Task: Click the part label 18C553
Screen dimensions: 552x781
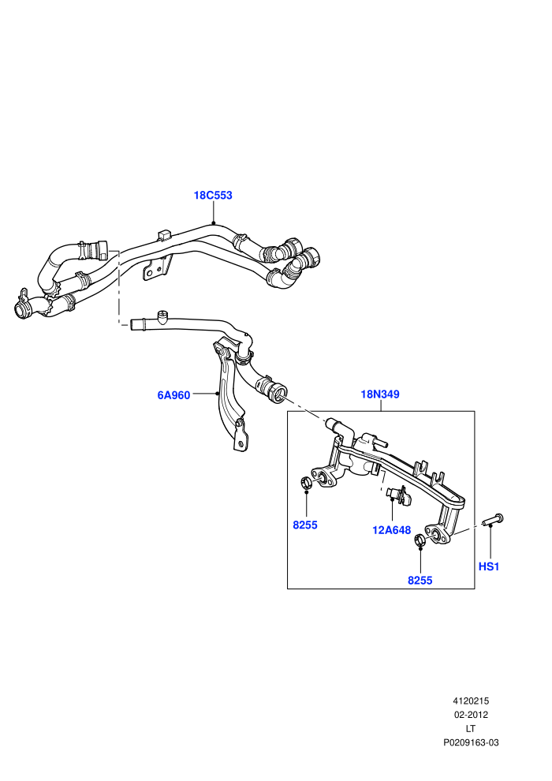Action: pos(213,196)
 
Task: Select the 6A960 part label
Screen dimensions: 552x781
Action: pos(173,395)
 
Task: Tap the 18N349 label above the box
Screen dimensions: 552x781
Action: pos(380,394)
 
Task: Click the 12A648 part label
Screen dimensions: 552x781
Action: pos(392,530)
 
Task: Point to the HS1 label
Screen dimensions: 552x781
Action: pos(489,567)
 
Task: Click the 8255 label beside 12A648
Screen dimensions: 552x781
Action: pos(305,525)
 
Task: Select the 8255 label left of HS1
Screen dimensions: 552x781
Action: pos(420,581)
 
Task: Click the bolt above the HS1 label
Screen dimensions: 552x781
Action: pos(494,520)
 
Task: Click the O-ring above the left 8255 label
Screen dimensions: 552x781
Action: pos(306,482)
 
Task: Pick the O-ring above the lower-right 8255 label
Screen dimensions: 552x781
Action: pos(420,540)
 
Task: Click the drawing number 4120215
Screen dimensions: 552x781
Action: pos(471,701)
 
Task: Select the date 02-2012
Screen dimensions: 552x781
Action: pos(471,715)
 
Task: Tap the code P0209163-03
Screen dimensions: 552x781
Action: pos(471,742)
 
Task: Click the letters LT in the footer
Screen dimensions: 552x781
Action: pos(471,729)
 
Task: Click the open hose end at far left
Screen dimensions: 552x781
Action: pos(21,310)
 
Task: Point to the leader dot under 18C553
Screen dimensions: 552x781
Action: pos(213,223)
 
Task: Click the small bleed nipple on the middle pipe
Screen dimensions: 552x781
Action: pos(162,316)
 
